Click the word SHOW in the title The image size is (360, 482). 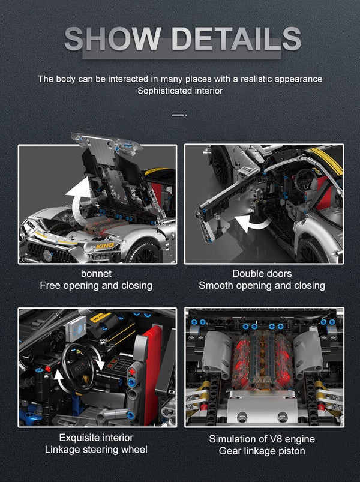[113, 38]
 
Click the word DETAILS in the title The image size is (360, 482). [236, 38]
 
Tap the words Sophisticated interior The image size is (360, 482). [180, 91]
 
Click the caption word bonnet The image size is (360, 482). [96, 273]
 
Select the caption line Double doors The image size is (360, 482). [262, 273]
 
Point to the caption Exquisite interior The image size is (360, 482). [96, 438]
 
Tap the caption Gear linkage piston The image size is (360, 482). [262, 451]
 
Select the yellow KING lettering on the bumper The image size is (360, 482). [104, 246]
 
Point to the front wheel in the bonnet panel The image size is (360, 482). [145, 253]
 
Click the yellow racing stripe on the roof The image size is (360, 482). [326, 160]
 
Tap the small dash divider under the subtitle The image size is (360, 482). [179, 115]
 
